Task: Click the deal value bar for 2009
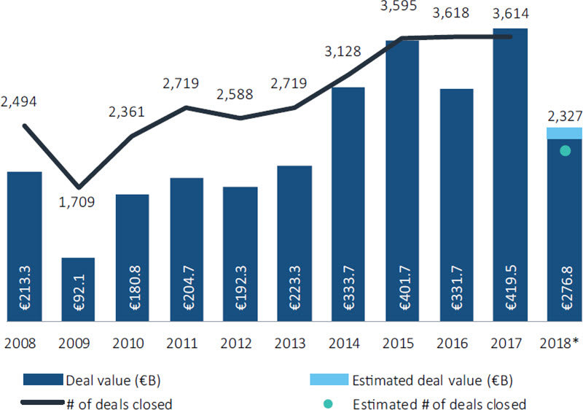tap(78, 288)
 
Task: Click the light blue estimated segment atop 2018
tap(563, 133)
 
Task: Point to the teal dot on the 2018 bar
tap(564, 151)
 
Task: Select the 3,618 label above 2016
tap(455, 12)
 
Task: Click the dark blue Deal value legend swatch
tap(43, 379)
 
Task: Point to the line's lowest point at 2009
tap(79, 187)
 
